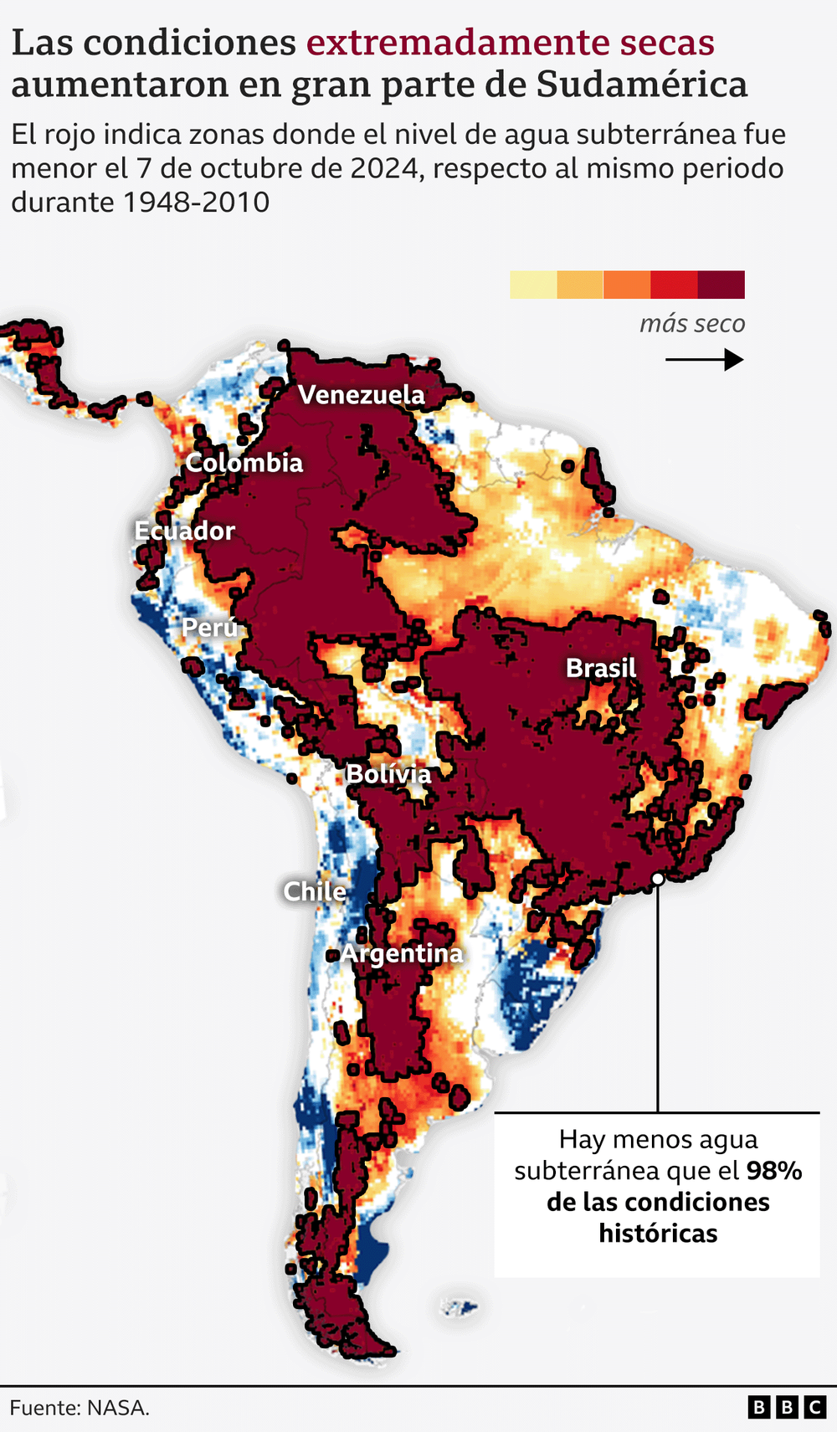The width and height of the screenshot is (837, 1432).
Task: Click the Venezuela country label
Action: click(362, 395)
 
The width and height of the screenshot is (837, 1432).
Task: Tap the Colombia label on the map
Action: click(244, 463)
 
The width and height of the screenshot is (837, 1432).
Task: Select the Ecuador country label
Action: click(184, 531)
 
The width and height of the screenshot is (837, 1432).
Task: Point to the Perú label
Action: click(209, 628)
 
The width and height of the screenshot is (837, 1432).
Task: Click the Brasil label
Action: click(601, 668)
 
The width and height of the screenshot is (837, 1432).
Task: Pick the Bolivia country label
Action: click(388, 774)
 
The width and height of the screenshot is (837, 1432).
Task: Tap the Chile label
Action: click(314, 891)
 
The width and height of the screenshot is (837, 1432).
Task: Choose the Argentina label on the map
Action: click(402, 953)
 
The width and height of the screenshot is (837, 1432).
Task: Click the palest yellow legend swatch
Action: click(533, 285)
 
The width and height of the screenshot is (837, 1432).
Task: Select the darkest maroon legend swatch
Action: click(721, 285)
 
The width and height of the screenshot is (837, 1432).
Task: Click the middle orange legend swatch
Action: click(627, 285)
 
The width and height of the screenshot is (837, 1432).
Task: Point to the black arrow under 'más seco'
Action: click(704, 360)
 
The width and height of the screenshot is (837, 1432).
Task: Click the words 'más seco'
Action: click(692, 324)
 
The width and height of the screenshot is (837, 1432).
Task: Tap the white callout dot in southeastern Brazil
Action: click(658, 879)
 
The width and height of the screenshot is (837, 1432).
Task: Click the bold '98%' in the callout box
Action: click(773, 1170)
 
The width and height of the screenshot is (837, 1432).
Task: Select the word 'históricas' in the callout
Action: click(658, 1233)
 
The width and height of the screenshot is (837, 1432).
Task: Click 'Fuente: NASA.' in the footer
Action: click(80, 1408)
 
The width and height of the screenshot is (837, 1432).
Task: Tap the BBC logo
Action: click(787, 1407)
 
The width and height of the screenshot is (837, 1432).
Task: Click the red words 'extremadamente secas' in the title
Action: click(511, 42)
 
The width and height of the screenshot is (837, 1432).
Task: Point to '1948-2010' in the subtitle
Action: click(197, 202)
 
